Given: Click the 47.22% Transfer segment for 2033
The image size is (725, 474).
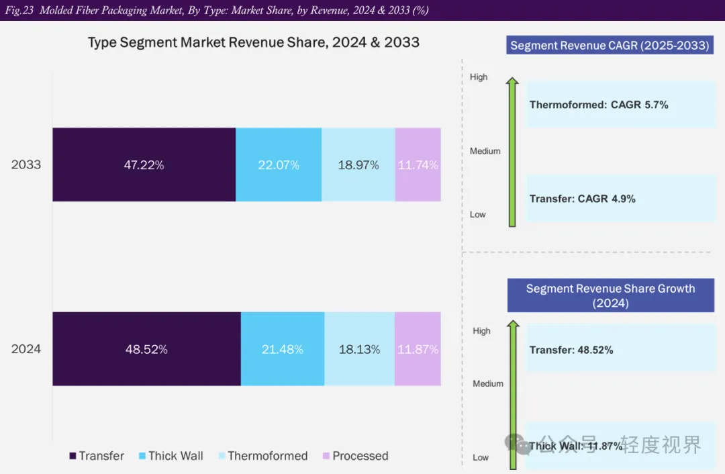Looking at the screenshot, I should pyautogui.click(x=144, y=164).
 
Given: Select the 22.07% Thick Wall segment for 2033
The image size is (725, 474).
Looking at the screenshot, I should pyautogui.click(x=279, y=164).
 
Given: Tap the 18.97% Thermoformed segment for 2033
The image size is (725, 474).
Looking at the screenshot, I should pyautogui.click(x=358, y=164).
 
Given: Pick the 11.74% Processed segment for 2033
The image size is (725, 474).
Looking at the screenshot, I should pyautogui.click(x=418, y=164).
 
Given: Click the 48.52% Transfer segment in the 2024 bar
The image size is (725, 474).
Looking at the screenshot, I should pyautogui.click(x=146, y=349).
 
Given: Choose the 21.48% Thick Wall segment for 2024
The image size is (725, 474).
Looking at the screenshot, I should pyautogui.click(x=282, y=349).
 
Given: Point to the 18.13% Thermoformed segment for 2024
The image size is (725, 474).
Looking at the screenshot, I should pyautogui.click(x=359, y=349).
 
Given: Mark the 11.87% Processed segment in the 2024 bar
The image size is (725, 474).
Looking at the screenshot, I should pyautogui.click(x=418, y=349).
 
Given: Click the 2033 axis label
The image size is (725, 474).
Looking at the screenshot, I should pyautogui.click(x=26, y=164).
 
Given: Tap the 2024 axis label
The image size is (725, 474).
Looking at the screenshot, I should pyautogui.click(x=26, y=349).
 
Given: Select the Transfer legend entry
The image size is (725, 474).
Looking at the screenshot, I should pyautogui.click(x=97, y=456).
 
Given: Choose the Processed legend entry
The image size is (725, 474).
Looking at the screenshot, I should pyautogui.click(x=355, y=456).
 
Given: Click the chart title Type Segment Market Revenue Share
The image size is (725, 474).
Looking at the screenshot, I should pyautogui.click(x=254, y=42).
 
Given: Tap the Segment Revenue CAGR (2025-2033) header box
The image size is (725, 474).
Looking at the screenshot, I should pyautogui.click(x=610, y=46).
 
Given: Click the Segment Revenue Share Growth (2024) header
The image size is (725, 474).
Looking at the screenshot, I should pyautogui.click(x=610, y=296).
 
